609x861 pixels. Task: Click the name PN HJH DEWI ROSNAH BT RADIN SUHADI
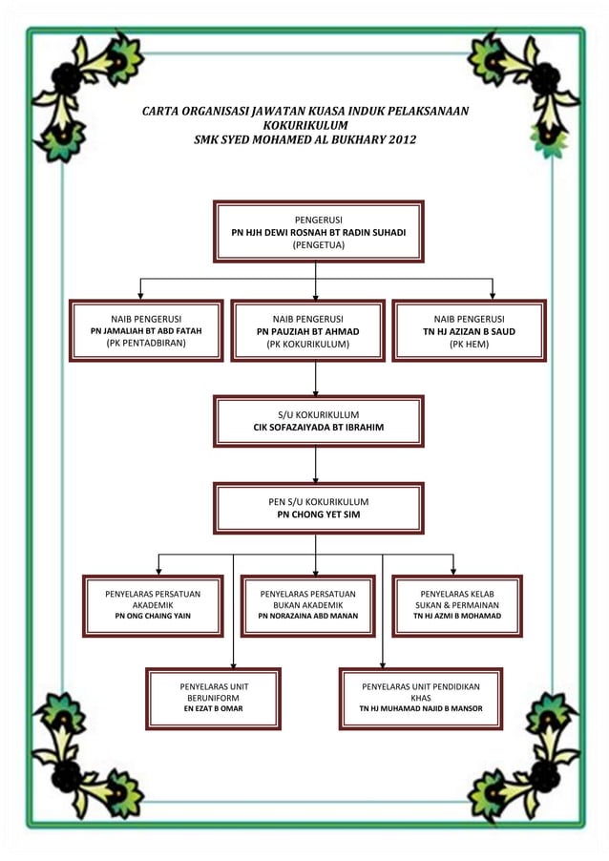tap(318, 232)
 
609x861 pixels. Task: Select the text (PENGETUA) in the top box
tap(318, 245)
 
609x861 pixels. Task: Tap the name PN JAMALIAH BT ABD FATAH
tap(146, 331)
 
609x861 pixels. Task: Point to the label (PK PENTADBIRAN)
tap(146, 344)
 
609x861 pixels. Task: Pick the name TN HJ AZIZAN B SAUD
tap(469, 331)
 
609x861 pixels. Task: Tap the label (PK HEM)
tap(469, 345)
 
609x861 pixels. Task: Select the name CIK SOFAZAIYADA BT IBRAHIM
tap(318, 428)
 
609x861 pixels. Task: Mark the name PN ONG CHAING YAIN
tap(153, 617)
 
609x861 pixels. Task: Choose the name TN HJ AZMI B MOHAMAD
tap(456, 617)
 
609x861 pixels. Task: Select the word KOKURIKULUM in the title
tap(304, 125)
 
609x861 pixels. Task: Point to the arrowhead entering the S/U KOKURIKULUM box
tap(316, 391)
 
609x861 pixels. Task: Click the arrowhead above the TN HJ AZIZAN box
tap(493, 295)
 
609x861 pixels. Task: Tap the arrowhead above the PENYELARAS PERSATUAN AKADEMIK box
tap(158, 570)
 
